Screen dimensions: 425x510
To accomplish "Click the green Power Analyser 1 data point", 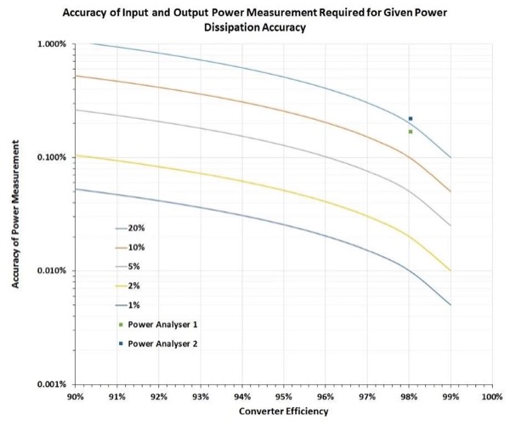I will point(411,132).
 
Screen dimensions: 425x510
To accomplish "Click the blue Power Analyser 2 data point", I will point(411,118).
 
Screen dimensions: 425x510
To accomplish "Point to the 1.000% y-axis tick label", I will point(49,44).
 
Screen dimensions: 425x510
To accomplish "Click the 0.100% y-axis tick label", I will point(49,157).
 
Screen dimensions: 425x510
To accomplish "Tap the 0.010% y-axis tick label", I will point(49,271).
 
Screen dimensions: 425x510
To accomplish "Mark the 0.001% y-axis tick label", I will point(49,384).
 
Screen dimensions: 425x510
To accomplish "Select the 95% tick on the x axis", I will point(284,396).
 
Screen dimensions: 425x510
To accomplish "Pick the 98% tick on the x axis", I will point(409,396).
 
